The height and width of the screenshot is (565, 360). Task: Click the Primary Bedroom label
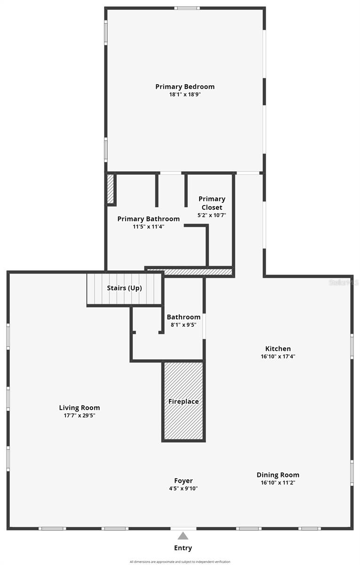coord(185,87)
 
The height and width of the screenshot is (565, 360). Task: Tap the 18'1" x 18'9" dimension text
coord(185,94)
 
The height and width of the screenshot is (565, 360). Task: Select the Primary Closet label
coord(212,203)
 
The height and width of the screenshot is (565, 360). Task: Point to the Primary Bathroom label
coord(148,219)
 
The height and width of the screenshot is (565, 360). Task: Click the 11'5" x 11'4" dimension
coord(148,226)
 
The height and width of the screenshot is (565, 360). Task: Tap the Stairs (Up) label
coord(124,288)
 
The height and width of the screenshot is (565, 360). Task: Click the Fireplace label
coord(184,402)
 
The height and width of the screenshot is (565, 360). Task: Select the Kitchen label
coord(278,349)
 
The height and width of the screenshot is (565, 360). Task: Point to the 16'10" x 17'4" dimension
coord(278,356)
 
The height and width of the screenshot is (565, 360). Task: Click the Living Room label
coord(80,408)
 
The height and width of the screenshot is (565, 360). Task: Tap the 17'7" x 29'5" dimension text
coord(80,415)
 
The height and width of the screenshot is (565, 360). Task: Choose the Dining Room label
coord(278,475)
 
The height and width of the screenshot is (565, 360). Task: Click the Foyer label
coord(184,481)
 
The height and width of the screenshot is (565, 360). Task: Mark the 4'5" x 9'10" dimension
coord(184,489)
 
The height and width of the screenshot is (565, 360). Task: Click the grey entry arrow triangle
coord(183,536)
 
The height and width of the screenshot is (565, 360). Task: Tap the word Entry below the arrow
coord(183,548)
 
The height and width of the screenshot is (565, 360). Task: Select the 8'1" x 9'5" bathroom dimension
coord(184,324)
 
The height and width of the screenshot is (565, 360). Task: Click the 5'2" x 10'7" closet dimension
coord(212,215)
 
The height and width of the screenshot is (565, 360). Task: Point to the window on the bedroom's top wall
coord(187,8)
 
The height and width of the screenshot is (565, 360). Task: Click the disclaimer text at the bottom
coord(180,562)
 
